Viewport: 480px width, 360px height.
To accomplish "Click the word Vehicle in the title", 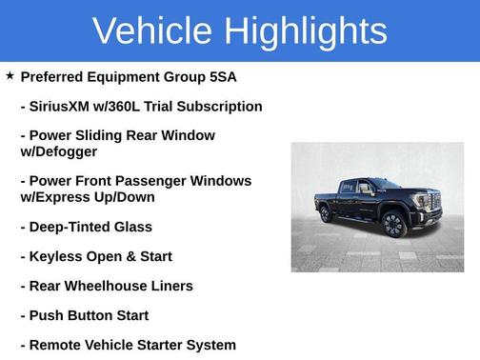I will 152,30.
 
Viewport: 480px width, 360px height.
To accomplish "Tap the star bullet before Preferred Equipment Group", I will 10,75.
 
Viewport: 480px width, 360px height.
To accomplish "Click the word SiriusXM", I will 66,107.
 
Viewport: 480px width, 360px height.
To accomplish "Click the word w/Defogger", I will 58,151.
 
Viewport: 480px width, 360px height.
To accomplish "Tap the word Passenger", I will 163,181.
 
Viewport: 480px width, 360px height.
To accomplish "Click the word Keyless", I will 57,257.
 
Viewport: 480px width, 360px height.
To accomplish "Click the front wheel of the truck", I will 394,225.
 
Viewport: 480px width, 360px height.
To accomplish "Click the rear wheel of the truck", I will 326,213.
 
